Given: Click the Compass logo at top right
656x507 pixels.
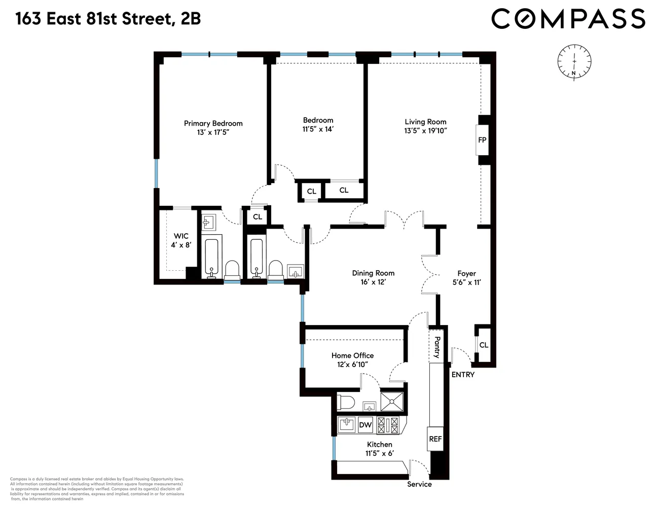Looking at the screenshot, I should click(x=568, y=19).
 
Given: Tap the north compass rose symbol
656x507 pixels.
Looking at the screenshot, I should click(x=574, y=62).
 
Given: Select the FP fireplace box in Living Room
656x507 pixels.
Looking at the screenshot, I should click(x=482, y=139).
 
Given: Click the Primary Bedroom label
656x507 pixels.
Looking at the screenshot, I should click(x=213, y=123).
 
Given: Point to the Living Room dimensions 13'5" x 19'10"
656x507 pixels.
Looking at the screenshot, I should click(x=425, y=131).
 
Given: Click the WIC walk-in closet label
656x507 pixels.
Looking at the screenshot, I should click(x=181, y=236).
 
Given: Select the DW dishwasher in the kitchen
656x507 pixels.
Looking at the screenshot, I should click(x=365, y=425).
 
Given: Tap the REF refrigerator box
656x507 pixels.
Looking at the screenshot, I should click(x=435, y=439).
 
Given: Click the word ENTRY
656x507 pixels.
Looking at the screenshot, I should click(x=463, y=375).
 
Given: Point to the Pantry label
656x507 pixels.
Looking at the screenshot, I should click(x=436, y=347).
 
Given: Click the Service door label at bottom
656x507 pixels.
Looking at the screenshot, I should click(x=419, y=484).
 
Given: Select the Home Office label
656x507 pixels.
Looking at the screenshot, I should click(x=352, y=355).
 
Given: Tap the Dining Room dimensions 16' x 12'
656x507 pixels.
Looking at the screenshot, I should click(x=373, y=282).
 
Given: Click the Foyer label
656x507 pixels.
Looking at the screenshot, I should click(x=466, y=273).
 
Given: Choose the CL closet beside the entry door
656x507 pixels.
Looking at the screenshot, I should click(x=484, y=345).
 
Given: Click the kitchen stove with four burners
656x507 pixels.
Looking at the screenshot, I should click(x=388, y=425).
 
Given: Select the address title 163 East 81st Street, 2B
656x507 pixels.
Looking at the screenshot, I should click(x=108, y=19).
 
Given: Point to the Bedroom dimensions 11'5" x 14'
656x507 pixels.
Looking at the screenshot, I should click(x=318, y=129).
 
